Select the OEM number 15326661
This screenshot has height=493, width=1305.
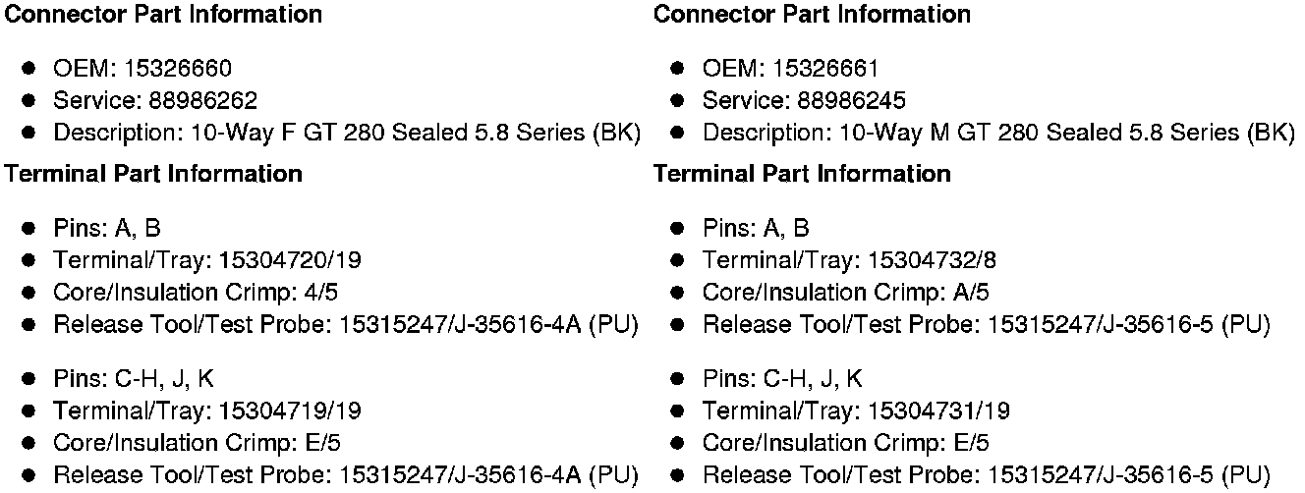pos(825,69)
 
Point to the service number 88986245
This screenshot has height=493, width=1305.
pos(852,100)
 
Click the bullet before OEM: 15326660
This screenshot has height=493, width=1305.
pos(29,69)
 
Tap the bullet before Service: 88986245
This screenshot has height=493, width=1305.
pos(678,100)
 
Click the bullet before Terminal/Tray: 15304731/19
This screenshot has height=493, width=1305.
pos(678,411)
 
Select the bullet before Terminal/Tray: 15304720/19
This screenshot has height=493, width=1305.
pos(29,260)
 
